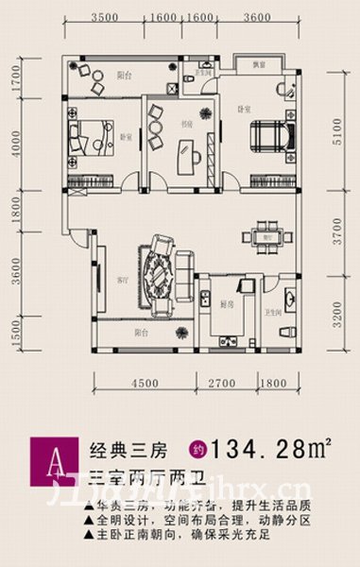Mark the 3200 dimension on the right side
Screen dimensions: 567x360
(x=339, y=309)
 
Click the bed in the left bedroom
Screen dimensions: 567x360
(x=89, y=133)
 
